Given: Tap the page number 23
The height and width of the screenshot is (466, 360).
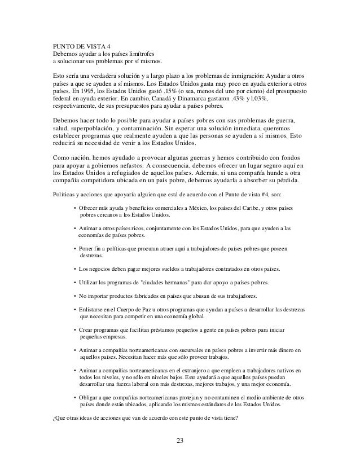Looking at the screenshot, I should tap(179, 441).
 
